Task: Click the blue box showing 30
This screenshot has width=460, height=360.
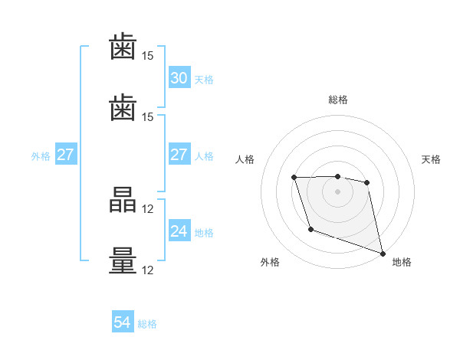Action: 179,77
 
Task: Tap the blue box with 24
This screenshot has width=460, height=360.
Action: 179,230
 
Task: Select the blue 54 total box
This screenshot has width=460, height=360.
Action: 123,321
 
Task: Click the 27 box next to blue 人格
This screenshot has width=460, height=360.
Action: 179,154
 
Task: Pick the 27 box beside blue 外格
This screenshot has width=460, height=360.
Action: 66,154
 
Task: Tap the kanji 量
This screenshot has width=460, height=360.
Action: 123,260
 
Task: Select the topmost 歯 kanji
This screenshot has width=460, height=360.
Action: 123,46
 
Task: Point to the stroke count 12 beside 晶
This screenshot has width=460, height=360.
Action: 147,209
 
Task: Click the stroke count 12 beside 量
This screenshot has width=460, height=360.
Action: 147,270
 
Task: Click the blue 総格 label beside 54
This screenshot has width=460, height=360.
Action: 147,324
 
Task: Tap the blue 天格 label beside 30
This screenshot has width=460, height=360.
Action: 204,80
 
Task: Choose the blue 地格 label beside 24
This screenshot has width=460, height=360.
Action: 204,233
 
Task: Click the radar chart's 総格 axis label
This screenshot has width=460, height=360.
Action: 338,100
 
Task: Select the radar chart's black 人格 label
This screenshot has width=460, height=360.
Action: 245,159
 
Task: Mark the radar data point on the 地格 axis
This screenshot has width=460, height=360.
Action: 383,254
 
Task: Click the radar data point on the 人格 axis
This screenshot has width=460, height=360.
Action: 294,178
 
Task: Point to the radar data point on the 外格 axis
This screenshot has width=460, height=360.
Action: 311,229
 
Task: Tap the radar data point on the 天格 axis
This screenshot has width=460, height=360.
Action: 366,182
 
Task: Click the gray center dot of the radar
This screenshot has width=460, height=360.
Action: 337,191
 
